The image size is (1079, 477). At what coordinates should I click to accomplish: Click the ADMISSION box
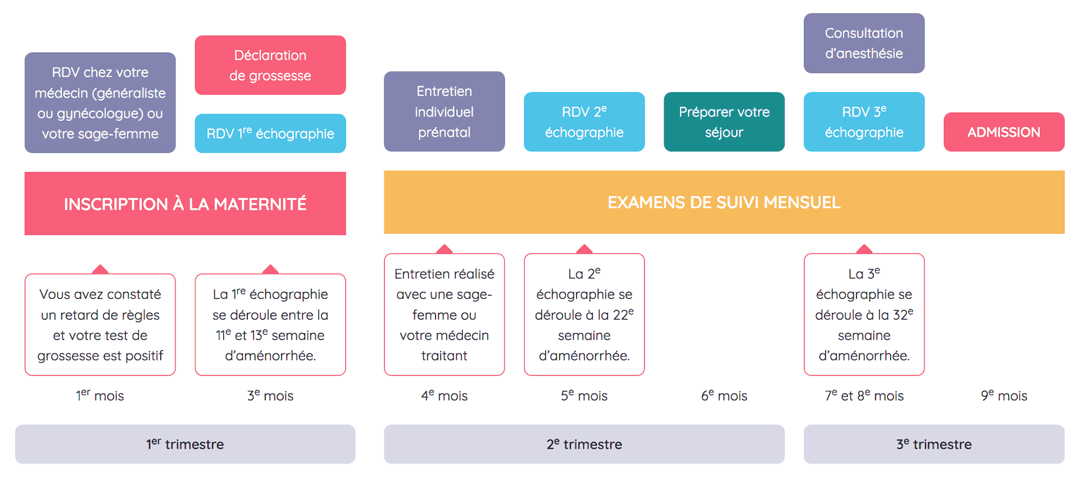(1004, 132)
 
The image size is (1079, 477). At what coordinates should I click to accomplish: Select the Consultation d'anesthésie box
(864, 43)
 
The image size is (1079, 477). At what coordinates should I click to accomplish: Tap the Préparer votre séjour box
(724, 122)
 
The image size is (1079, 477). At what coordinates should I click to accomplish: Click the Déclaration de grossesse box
(270, 65)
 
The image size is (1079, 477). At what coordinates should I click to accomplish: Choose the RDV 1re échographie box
(270, 134)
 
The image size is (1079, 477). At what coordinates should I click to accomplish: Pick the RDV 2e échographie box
(584, 122)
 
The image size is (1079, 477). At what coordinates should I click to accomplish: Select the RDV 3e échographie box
(864, 122)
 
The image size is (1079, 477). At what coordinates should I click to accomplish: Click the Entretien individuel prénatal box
(444, 112)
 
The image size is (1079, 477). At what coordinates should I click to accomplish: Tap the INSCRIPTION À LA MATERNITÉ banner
(185, 204)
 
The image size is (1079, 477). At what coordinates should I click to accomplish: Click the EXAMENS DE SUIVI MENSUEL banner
(724, 203)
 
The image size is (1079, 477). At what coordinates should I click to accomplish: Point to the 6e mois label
(724, 396)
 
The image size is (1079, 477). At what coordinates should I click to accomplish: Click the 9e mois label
(1004, 396)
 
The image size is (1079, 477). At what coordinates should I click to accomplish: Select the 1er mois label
(100, 396)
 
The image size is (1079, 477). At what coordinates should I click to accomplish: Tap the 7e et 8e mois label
(864, 396)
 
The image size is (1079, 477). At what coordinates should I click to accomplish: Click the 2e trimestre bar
(584, 444)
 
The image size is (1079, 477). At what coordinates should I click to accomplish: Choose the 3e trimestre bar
(933, 444)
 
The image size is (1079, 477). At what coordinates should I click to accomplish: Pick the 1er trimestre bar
(185, 444)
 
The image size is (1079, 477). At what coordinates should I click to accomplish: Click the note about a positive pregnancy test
(100, 325)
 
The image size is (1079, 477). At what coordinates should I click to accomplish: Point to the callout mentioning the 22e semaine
(584, 314)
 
